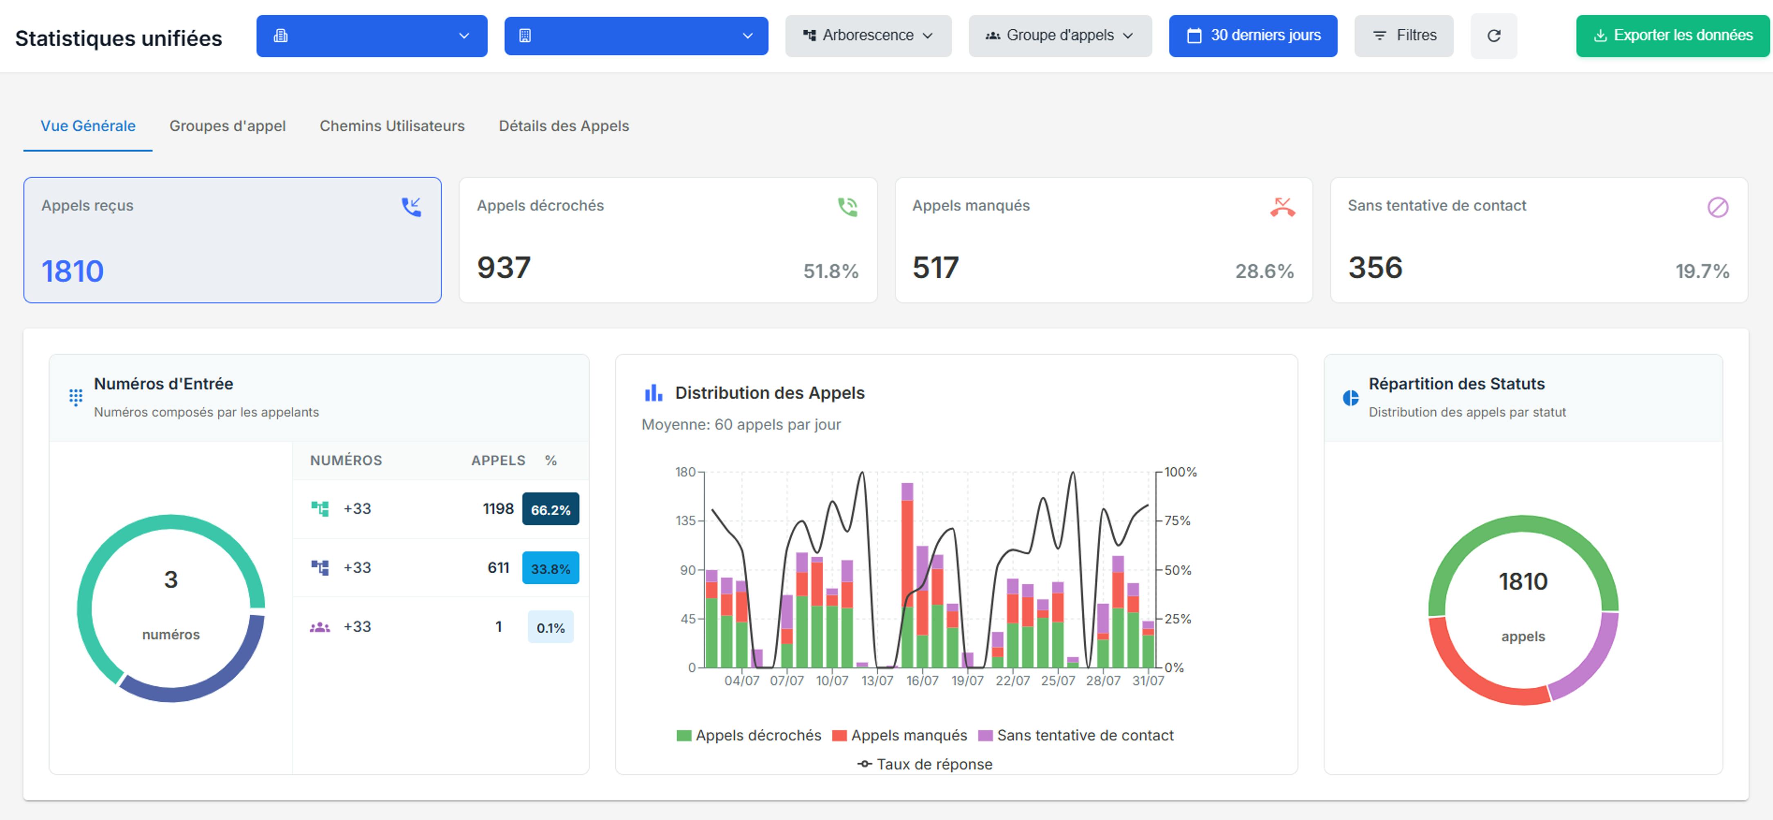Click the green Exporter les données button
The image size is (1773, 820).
point(1673,36)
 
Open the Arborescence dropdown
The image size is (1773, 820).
point(868,36)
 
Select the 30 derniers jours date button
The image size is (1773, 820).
point(1253,36)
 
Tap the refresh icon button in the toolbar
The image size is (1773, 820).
point(1494,36)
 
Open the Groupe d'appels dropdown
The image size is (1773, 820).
point(1060,36)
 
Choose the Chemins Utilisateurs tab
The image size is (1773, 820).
point(392,126)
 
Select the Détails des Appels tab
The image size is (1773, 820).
point(564,126)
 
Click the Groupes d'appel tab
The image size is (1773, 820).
point(227,126)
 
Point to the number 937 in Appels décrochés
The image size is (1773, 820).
point(504,268)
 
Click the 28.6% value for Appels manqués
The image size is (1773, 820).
point(1264,271)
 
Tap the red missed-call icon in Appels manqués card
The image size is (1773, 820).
point(1282,207)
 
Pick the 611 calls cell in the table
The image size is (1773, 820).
point(498,568)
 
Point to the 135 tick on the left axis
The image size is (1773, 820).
point(686,521)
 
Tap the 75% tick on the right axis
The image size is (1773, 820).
point(1177,521)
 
